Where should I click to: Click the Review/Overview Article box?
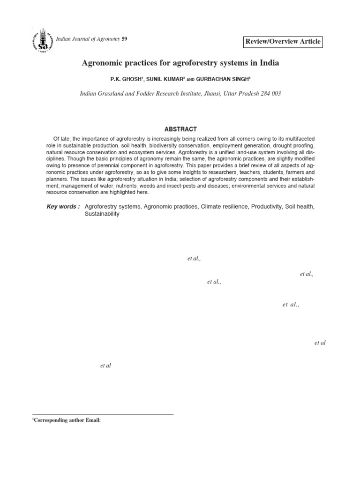(283, 41)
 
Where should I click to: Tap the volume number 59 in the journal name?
(124, 38)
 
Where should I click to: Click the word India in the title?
(268, 62)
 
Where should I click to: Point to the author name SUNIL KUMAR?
(165, 79)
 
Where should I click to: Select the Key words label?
(63, 207)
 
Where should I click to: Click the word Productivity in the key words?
(266, 207)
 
